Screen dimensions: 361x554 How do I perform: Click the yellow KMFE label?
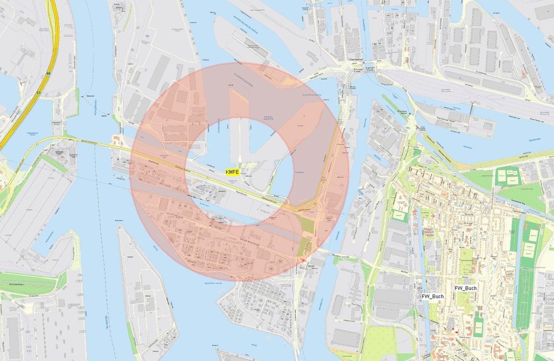click(x=232, y=171)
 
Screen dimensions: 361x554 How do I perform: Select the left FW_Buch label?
click(x=433, y=296)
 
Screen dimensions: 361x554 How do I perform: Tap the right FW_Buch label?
click(x=465, y=288)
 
